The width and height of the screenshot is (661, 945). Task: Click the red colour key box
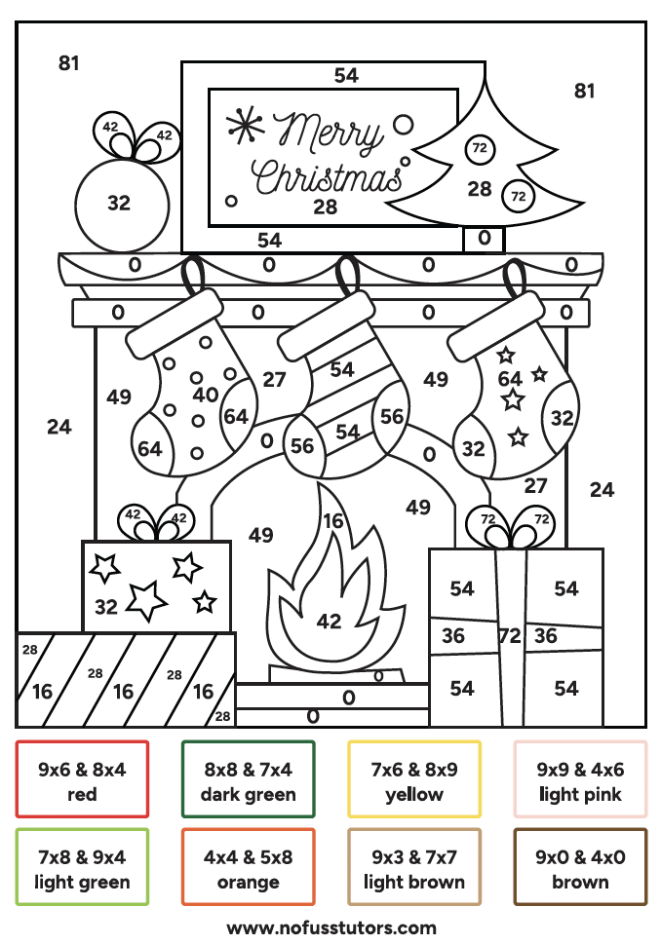[x=82, y=780]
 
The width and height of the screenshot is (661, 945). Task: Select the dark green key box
[x=248, y=780]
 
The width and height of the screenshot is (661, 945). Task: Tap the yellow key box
[x=413, y=780]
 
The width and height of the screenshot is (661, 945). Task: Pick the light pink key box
[x=580, y=780]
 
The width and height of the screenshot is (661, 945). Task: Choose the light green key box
[x=82, y=869]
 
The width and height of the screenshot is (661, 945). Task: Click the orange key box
[x=248, y=869]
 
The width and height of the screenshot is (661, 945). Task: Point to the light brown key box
[x=413, y=869]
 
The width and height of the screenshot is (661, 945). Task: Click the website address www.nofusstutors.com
[x=331, y=927]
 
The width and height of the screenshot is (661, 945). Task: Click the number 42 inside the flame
[x=330, y=621]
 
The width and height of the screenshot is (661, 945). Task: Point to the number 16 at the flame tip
[x=333, y=521]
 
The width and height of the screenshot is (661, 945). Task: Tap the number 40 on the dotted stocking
[x=206, y=395]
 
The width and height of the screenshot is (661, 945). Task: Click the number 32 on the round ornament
[x=119, y=203]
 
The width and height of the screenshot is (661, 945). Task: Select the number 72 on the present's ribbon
[x=509, y=636]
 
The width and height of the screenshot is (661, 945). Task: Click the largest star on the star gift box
[x=146, y=601]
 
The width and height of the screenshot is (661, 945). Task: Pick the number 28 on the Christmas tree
[x=479, y=189]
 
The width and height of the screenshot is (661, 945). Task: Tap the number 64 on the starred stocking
[x=510, y=379]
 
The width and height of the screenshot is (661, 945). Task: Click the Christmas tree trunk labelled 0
[x=485, y=237]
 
